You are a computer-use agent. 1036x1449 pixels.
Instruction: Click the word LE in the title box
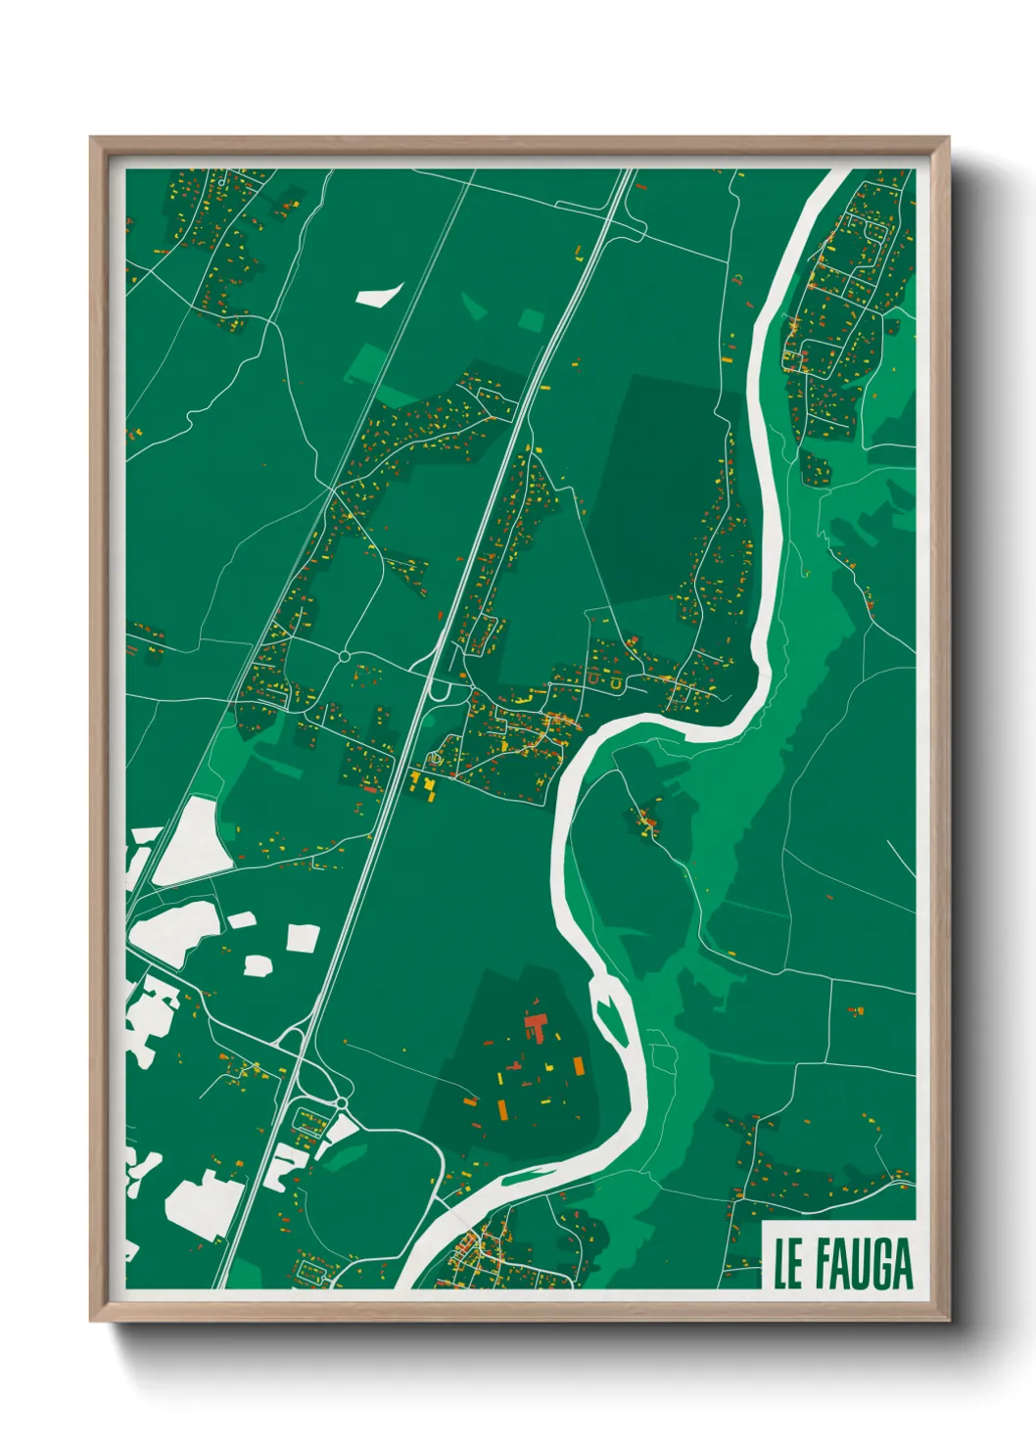click(787, 1264)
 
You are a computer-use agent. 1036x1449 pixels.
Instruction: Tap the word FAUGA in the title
click(863, 1264)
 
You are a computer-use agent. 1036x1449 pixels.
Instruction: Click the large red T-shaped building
click(535, 1027)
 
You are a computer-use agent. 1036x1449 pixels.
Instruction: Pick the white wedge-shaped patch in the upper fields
click(378, 294)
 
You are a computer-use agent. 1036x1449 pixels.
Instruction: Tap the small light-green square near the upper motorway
click(531, 319)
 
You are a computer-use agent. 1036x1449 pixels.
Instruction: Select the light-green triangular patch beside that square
click(475, 307)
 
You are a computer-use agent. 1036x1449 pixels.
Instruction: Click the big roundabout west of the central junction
click(344, 655)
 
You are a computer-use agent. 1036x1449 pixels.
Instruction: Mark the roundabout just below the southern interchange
click(342, 1103)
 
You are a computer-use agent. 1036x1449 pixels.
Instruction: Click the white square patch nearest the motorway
click(303, 938)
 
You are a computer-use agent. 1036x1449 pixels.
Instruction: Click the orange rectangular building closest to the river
click(577, 1064)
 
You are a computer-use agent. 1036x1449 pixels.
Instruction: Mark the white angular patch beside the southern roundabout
click(339, 1130)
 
